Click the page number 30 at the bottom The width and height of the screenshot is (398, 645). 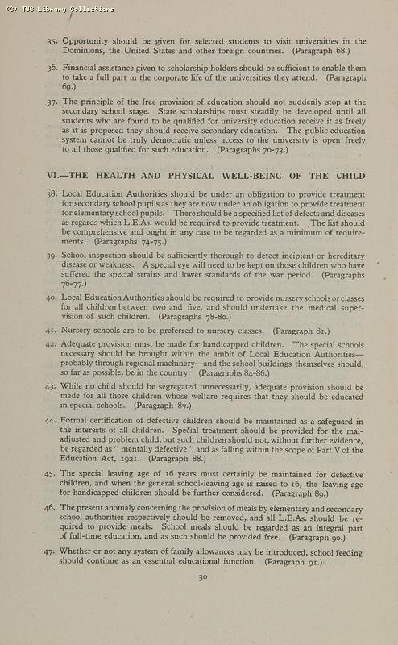pos(203,576)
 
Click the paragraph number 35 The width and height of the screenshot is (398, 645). pos(52,41)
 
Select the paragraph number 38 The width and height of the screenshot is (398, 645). pos(52,195)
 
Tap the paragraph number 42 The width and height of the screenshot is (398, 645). pos(52,344)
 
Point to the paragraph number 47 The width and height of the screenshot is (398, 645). pos(52,552)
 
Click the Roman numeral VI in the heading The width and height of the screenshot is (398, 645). pos(52,175)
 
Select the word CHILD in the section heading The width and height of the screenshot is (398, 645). pos(350,175)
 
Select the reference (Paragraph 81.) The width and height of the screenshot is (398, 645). pos(295,331)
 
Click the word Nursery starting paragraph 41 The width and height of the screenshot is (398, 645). pos(78,331)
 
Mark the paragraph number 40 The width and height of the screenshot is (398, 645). pos(52,298)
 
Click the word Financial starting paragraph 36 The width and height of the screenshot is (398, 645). pos(85,69)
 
